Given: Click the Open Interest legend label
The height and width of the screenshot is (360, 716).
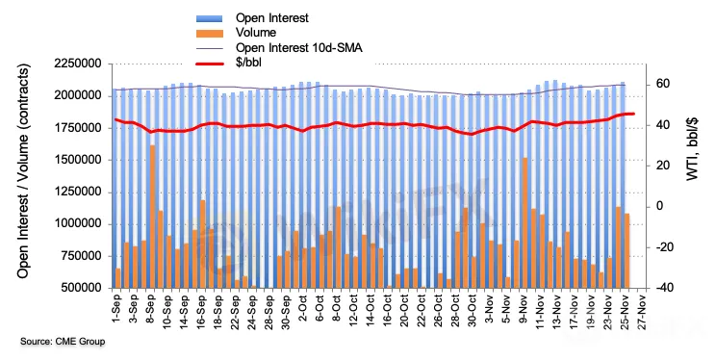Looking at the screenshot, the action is point(271,18).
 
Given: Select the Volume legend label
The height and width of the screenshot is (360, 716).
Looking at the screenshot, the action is point(256,33).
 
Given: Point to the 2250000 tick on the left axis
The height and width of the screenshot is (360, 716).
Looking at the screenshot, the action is point(78,64).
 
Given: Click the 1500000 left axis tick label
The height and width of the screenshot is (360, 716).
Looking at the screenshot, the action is point(78,161).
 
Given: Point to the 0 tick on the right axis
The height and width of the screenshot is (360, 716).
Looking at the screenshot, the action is point(659,207).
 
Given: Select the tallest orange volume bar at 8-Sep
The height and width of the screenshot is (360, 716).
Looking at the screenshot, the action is point(152,217).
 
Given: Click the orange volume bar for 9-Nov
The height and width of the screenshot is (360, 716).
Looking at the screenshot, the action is point(524,223).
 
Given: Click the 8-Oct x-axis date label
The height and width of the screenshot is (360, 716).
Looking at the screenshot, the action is point(337,309).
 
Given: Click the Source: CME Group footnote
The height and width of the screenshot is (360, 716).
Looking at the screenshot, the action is point(63,342).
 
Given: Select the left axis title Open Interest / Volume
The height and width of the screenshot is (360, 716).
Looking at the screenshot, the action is point(23,170).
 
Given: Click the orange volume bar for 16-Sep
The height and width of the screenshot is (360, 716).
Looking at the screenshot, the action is point(203,244).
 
